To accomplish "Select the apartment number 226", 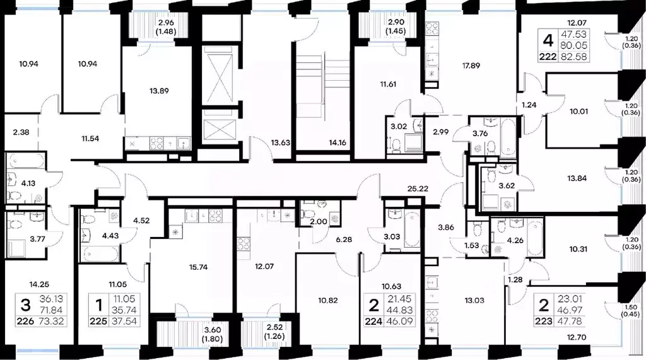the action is tap(25, 322).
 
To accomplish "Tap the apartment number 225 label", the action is tap(99, 322).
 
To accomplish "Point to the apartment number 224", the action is tap(373, 322).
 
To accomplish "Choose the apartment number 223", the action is tap(544, 322).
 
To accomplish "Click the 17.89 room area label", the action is tap(471, 66).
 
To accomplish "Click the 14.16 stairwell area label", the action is tap(338, 143).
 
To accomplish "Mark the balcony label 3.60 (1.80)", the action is tap(213, 334).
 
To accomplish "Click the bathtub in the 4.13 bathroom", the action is tap(25, 161).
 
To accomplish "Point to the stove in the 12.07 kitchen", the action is tap(243, 243).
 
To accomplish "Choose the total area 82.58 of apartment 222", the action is tap(573, 57).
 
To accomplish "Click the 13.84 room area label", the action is tap(577, 179).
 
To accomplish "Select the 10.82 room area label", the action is tap(328, 301).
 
